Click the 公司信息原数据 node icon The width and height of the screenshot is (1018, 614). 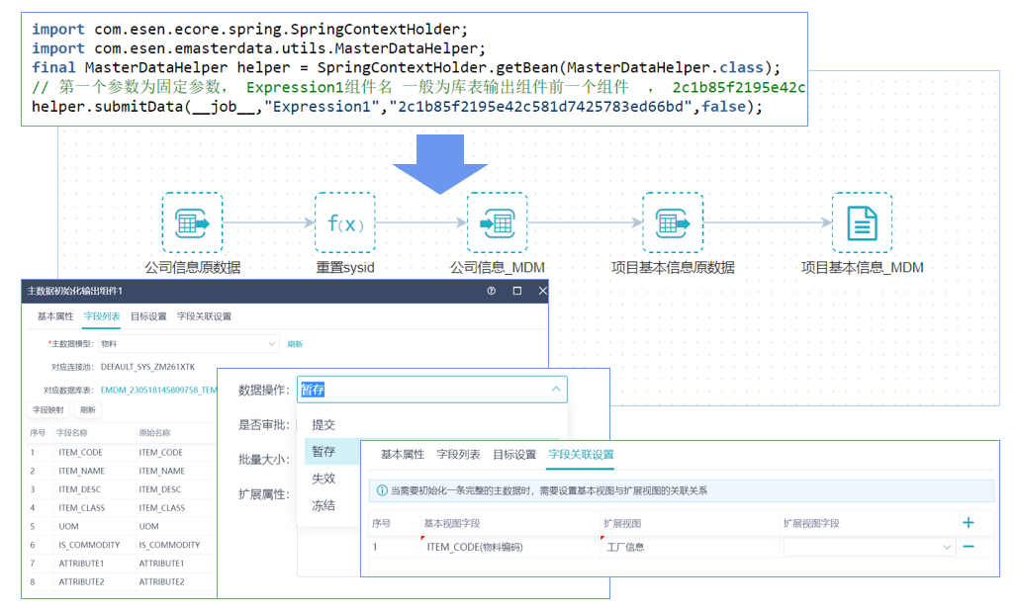[192, 222]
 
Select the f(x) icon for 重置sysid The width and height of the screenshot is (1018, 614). [345, 222]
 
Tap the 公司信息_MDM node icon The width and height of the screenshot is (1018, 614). [497, 222]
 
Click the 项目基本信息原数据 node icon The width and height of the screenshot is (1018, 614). [672, 222]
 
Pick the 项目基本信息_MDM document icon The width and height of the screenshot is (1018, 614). [862, 222]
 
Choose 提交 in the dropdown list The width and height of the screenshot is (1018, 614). [324, 424]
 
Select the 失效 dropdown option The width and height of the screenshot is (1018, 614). [324, 479]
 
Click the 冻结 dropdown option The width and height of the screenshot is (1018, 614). [324, 505]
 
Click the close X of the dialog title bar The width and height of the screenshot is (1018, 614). [542, 292]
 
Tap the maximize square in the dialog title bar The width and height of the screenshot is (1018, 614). [516, 292]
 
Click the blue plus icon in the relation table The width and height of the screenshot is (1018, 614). [969, 522]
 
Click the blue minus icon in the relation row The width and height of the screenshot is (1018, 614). [969, 547]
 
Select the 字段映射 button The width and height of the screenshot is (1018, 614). [48, 409]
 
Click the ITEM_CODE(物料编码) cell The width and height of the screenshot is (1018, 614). [475, 547]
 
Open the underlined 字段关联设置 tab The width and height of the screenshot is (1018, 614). [581, 454]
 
